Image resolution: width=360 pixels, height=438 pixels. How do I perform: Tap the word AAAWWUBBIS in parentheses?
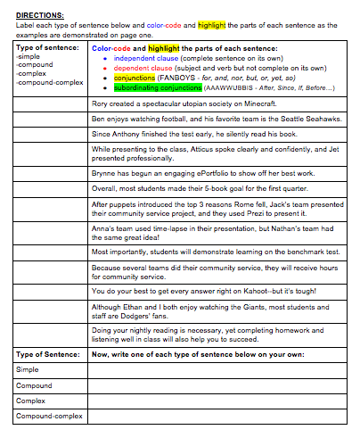(229, 88)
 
